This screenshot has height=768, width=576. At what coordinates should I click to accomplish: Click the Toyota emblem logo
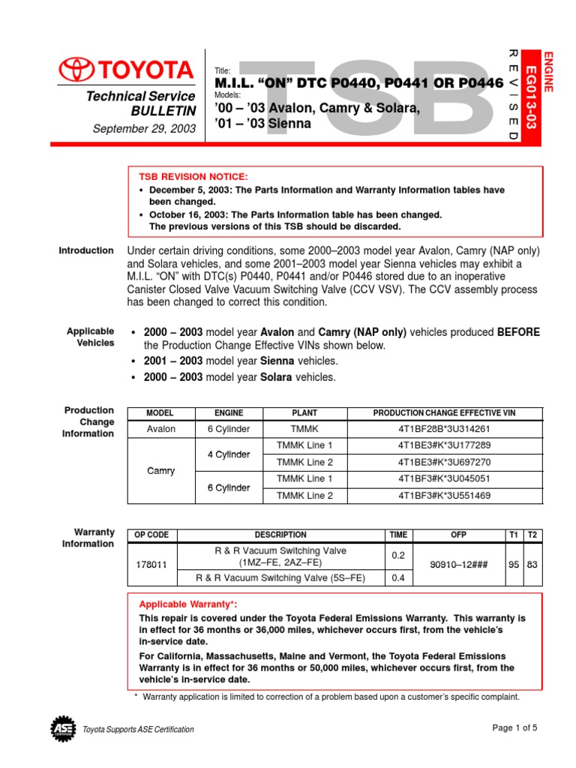(x=73, y=71)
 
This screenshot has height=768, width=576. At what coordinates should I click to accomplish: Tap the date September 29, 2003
(x=144, y=129)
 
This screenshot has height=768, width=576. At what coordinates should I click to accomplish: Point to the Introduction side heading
(x=86, y=250)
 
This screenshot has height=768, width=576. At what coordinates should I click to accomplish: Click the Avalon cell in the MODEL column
(x=160, y=429)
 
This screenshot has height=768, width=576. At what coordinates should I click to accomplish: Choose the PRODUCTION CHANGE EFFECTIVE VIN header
(x=445, y=413)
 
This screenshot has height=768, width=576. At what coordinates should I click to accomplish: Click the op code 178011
(x=151, y=564)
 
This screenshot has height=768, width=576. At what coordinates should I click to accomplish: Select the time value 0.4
(x=397, y=578)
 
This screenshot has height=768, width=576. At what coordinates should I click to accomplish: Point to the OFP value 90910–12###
(x=458, y=564)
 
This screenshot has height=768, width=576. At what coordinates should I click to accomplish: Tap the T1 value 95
(x=514, y=564)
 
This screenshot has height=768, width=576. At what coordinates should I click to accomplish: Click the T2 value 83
(x=532, y=564)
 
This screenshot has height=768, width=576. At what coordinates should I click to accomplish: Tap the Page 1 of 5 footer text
(x=515, y=727)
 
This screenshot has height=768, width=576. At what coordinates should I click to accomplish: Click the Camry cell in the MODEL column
(x=160, y=471)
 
